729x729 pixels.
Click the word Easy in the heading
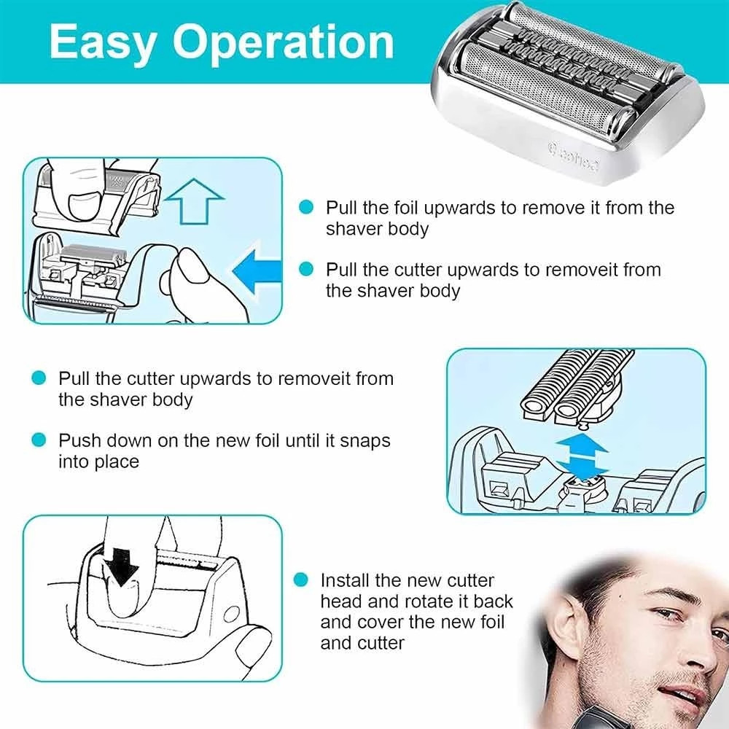pyautogui.click(x=103, y=44)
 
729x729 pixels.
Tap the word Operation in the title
pyautogui.click(x=284, y=43)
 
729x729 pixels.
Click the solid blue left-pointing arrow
pyautogui.click(x=257, y=271)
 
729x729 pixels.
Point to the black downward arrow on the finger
pyautogui.click(x=121, y=567)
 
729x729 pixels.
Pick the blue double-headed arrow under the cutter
pyautogui.click(x=582, y=456)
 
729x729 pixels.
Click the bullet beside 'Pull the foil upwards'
pyautogui.click(x=306, y=207)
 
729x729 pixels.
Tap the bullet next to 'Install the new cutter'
pyautogui.click(x=301, y=580)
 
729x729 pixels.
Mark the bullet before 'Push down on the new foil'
pyautogui.click(x=39, y=440)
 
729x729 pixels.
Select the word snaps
pyautogui.click(x=365, y=441)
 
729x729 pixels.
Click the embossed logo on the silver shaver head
pyautogui.click(x=573, y=157)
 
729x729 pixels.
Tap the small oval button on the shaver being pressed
pyautogui.click(x=230, y=615)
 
